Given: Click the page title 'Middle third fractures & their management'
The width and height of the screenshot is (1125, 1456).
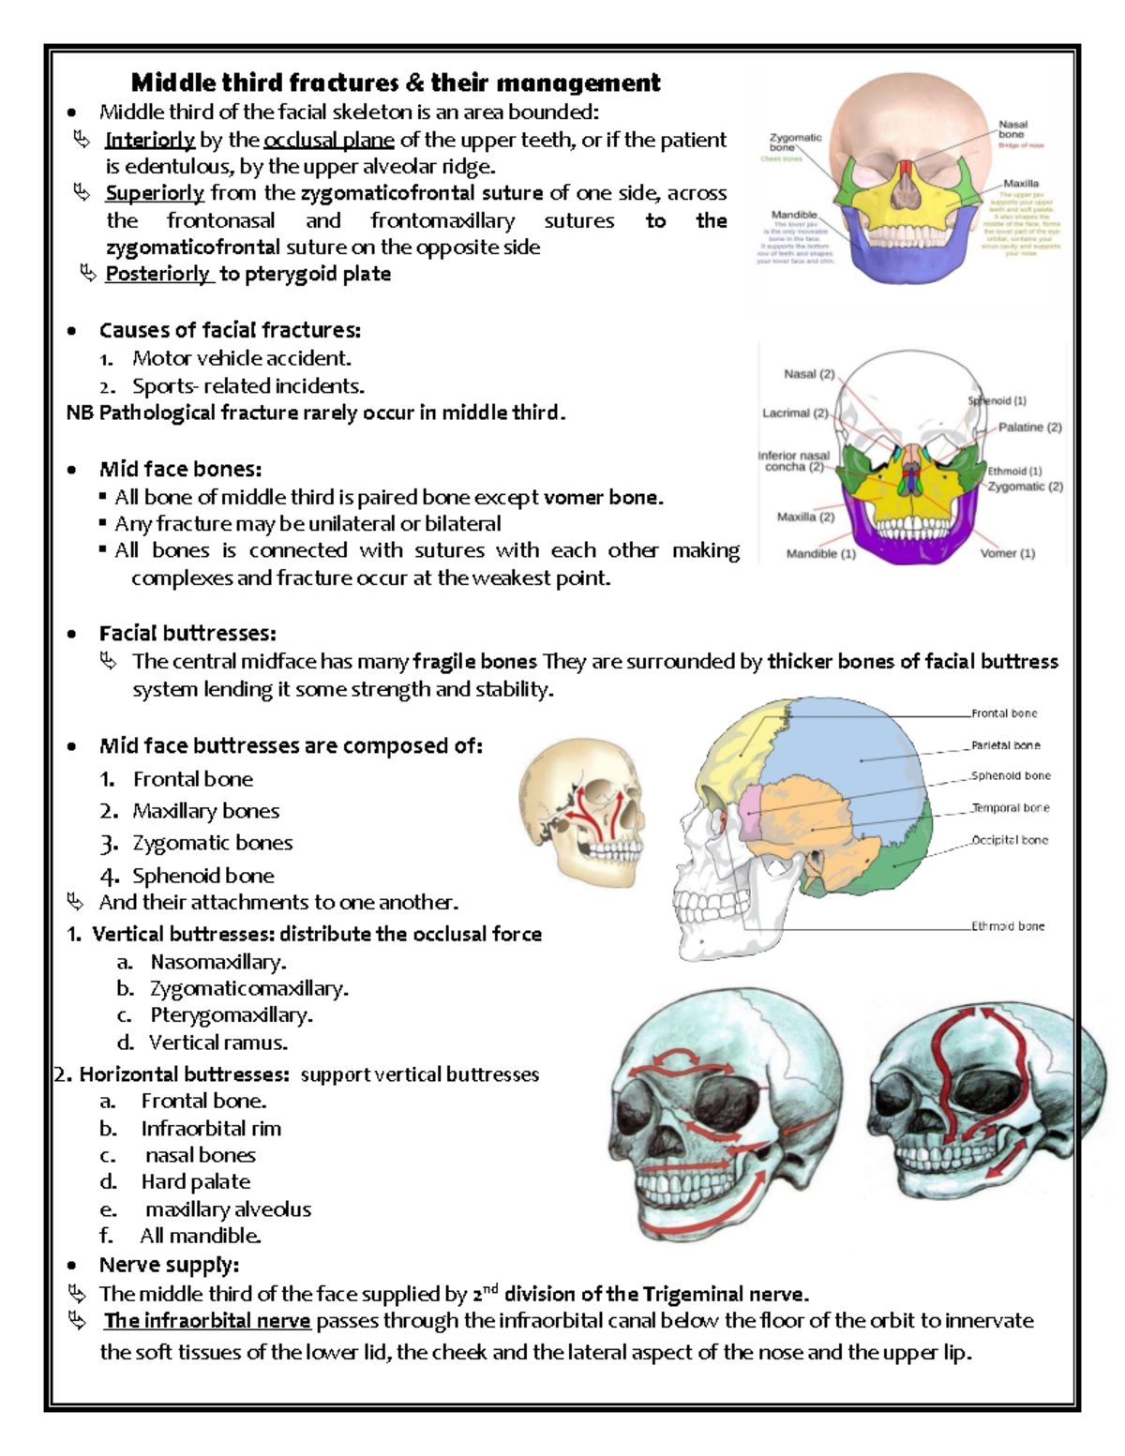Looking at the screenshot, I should click(395, 83).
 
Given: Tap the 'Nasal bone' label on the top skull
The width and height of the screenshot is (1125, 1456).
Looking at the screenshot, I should click(1012, 129).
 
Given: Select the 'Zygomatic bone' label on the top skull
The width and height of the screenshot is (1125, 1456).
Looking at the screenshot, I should click(795, 143).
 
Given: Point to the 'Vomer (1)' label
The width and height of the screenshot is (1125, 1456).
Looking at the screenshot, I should click(1007, 553).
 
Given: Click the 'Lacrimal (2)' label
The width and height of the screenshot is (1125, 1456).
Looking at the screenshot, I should click(795, 413).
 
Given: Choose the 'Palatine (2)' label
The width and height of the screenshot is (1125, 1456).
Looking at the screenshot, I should click(1029, 428).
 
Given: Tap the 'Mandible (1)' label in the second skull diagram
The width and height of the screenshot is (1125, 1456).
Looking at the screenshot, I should click(820, 554).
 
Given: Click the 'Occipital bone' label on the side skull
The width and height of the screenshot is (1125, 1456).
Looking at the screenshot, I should click(1010, 840).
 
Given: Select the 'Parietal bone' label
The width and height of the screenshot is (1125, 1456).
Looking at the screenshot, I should click(1005, 745).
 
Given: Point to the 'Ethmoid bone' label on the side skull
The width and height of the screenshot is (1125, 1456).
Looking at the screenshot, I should click(1007, 926).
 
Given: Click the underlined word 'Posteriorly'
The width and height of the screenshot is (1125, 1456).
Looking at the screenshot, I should click(157, 274).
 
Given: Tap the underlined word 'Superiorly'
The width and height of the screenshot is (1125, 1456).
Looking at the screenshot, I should click(155, 193).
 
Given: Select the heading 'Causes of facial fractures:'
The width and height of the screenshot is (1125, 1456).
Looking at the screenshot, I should click(230, 330).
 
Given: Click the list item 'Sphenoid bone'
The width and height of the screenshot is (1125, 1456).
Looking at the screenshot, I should click(203, 876).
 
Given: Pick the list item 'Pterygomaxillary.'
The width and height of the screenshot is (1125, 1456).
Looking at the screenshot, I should click(232, 1015).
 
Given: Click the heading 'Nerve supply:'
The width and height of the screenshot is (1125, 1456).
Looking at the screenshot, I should click(169, 1265).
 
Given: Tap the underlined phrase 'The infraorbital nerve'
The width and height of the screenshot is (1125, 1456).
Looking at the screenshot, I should click(207, 1321).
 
